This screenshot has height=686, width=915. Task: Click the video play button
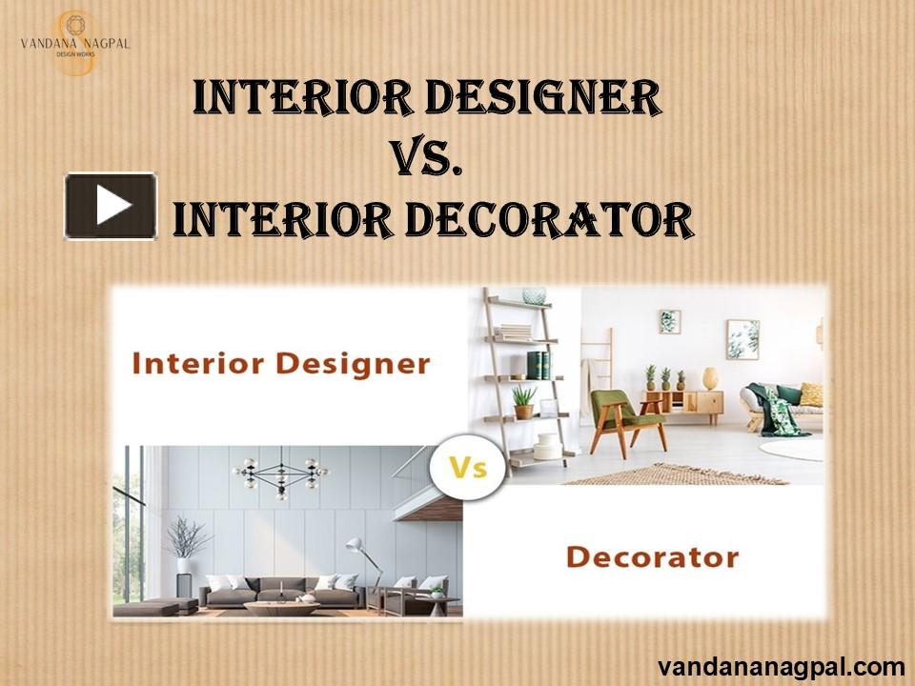[x=111, y=206]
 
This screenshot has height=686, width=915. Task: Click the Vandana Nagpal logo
[x=75, y=43]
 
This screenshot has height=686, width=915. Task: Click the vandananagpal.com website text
[x=781, y=666]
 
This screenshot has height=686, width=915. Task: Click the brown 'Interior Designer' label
[x=281, y=363]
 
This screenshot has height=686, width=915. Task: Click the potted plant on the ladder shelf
[x=523, y=401]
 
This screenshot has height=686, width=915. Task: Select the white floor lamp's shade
[x=356, y=546]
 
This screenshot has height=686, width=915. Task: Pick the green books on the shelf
[x=539, y=365]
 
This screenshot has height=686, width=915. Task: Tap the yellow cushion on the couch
[x=810, y=393]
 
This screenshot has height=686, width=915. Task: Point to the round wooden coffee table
[x=272, y=607]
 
